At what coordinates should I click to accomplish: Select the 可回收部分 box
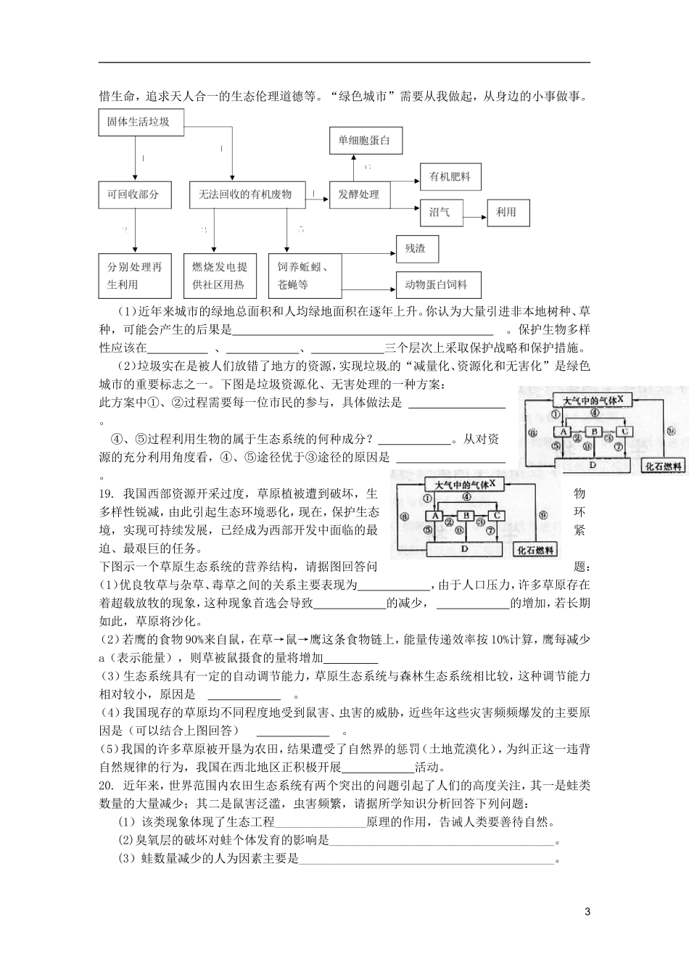(134, 194)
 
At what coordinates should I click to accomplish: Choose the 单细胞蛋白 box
(365, 140)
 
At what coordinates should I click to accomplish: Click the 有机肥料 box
(450, 176)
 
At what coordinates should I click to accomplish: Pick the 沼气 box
(441, 212)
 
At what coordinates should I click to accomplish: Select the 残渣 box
(416, 249)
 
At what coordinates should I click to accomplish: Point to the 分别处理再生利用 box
(134, 276)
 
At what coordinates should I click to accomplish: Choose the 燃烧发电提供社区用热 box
(219, 276)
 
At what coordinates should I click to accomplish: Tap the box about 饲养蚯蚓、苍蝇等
(302, 276)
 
